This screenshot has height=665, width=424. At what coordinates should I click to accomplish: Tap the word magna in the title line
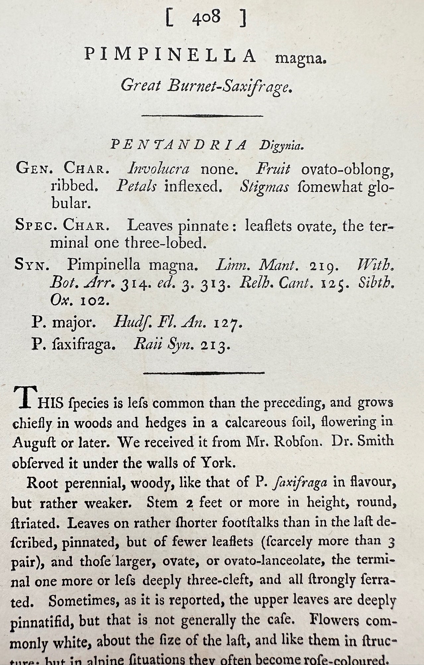300,59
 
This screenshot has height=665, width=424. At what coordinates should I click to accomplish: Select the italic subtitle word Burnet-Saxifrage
230,86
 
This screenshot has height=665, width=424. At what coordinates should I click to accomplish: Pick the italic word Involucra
158,169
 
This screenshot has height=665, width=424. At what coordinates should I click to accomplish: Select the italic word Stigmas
264,187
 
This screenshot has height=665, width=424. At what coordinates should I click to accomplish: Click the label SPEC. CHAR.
62,226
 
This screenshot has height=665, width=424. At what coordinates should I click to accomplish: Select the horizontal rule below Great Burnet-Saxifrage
202,116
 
